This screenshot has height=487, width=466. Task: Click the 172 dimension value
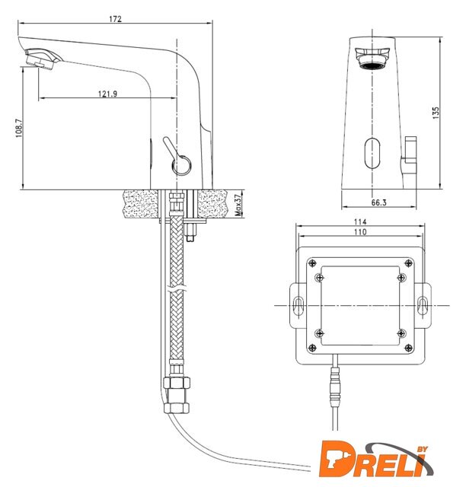point(115,19)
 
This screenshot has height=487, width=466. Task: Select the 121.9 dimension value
point(108,94)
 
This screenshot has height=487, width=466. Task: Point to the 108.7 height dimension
point(19,128)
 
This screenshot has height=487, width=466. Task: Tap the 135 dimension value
point(436,113)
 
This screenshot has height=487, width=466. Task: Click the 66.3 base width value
point(378,203)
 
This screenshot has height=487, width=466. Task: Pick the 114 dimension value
point(360,221)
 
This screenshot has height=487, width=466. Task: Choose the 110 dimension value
point(360,232)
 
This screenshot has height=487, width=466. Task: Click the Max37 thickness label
point(238,205)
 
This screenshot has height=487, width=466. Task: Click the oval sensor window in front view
point(372,153)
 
